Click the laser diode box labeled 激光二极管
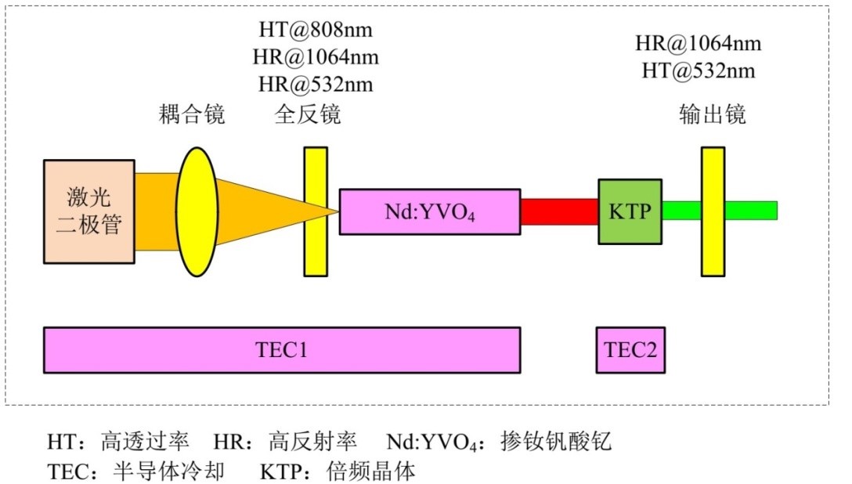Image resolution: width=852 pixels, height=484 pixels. point(89,211)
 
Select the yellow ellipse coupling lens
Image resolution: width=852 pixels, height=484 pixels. point(197,211)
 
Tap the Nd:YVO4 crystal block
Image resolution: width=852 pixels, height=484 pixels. point(429,211)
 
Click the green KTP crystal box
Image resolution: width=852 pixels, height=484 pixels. point(630,211)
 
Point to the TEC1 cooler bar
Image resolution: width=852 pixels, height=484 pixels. point(282,350)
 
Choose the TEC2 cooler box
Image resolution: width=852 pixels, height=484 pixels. point(630,350)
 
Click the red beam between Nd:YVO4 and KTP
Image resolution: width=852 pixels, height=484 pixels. point(559,211)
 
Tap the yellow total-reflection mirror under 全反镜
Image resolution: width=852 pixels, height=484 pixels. point(315,211)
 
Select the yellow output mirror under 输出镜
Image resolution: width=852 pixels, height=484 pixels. point(713,211)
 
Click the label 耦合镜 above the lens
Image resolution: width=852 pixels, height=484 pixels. point(191,116)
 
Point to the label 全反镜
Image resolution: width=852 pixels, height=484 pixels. point(308,116)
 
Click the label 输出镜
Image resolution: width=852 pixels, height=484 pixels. point(712,116)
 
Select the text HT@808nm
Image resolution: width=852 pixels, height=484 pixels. point(316,31)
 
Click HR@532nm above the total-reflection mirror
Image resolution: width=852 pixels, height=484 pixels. point(316,83)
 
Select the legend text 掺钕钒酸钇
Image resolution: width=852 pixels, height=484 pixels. point(555,442)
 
